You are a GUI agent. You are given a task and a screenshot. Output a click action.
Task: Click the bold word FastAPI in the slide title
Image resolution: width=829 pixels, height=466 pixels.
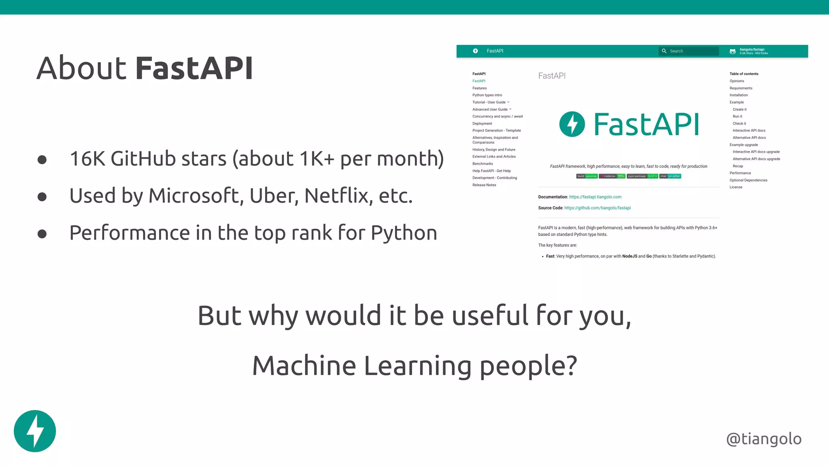click(194, 68)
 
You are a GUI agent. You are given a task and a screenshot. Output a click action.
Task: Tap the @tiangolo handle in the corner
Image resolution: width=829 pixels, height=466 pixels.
click(764, 439)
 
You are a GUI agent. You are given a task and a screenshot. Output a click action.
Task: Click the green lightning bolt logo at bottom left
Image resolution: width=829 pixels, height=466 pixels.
click(35, 431)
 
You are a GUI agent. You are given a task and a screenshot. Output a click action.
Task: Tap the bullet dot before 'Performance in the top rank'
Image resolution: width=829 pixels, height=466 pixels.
click(42, 234)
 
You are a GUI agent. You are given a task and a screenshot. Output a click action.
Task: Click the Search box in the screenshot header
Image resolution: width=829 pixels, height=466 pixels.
click(689, 51)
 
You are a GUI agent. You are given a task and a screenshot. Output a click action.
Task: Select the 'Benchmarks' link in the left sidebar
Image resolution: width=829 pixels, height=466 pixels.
click(483, 164)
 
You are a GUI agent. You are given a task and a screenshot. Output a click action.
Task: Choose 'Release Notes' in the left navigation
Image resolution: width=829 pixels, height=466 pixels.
click(484, 185)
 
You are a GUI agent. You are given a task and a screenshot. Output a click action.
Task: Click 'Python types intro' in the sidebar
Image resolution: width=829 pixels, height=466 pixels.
click(487, 95)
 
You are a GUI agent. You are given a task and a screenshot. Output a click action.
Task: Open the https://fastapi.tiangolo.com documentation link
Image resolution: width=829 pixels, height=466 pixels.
click(595, 197)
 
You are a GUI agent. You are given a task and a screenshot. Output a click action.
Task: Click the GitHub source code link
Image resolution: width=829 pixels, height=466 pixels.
click(597, 208)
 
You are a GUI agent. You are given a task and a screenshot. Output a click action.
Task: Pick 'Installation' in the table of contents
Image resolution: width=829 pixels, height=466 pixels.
click(739, 95)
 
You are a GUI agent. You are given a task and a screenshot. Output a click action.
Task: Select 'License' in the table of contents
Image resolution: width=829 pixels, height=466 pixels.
click(736, 187)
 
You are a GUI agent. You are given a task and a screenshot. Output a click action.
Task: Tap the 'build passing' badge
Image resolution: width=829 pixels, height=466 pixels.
click(587, 176)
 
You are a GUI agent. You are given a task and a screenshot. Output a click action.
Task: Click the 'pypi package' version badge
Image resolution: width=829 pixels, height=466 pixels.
click(642, 176)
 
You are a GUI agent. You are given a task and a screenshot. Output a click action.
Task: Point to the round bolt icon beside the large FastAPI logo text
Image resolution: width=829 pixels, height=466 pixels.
click(572, 124)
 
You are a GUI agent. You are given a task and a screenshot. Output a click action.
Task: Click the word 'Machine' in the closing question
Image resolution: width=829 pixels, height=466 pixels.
click(304, 366)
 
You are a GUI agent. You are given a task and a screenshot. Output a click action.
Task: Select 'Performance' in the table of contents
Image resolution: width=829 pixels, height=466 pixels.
click(740, 173)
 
